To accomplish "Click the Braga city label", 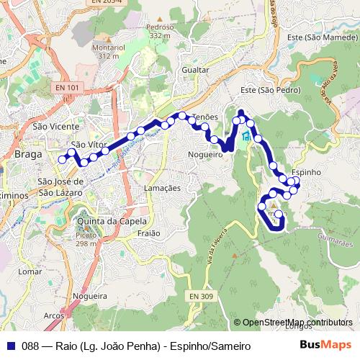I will point(27,154).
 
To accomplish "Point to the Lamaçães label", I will point(162,187).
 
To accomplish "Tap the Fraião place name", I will point(148,233).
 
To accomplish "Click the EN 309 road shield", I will point(202,297).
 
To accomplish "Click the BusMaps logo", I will point(325,346).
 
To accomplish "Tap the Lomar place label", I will point(30,272).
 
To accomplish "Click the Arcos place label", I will point(53,315).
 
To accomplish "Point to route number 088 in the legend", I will point(30,346).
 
